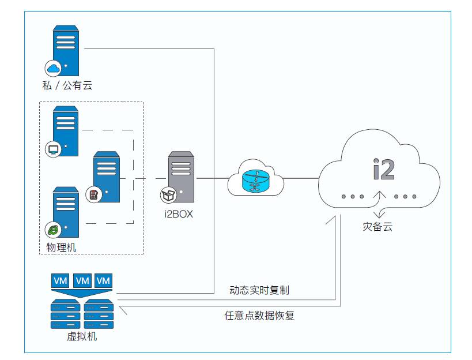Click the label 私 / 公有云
pos(67,86)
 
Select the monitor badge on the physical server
pos(54,150)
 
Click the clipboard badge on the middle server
pos(93,194)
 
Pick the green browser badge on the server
pos(54,230)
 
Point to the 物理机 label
pos(61,247)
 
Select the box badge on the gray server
pos(168,195)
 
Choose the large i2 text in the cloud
pos(383,168)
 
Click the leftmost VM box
pos(60,280)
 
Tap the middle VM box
pos(82,280)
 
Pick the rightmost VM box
pos(104,280)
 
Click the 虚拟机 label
pos(82,336)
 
